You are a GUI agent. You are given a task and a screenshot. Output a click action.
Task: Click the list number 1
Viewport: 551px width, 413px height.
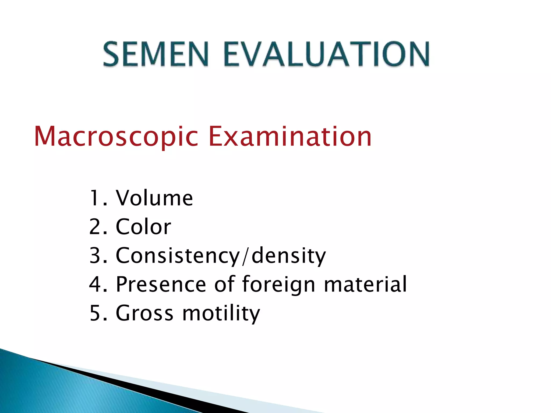click(x=96, y=198)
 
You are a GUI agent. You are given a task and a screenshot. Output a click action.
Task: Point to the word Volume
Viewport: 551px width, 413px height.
click(x=154, y=198)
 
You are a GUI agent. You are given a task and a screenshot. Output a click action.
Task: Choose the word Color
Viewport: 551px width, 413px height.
click(x=143, y=227)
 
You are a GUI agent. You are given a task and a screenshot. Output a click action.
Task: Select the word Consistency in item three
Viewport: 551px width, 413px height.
click(x=178, y=255)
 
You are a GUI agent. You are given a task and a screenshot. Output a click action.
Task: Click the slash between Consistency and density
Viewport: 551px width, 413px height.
click(x=245, y=256)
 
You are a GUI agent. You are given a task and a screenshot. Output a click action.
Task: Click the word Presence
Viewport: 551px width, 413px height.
click(x=161, y=284)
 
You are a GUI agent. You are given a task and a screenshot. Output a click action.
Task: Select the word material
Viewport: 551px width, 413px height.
click(x=365, y=284)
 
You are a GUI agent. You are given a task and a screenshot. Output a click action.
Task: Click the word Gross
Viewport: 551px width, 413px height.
click(x=144, y=313)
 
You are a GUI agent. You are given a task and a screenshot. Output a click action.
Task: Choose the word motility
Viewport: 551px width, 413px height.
click(x=221, y=314)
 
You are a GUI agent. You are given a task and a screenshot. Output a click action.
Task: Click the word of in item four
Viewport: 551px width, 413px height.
click(x=224, y=284)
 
